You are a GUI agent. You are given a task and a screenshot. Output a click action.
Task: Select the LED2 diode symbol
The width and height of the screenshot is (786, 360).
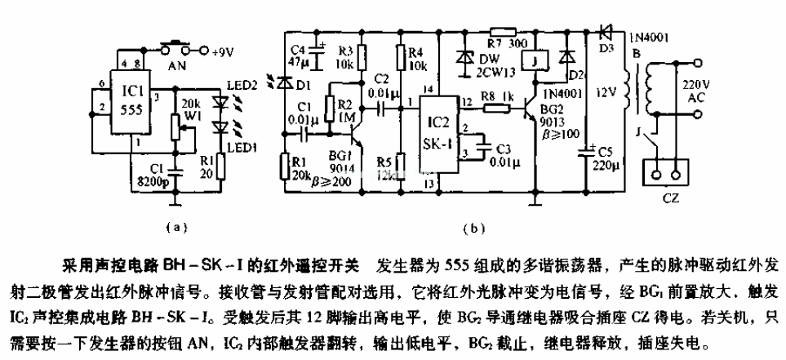tap(218, 104)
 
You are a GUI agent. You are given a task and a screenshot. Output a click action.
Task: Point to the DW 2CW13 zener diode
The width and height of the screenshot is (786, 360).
tap(467, 59)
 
